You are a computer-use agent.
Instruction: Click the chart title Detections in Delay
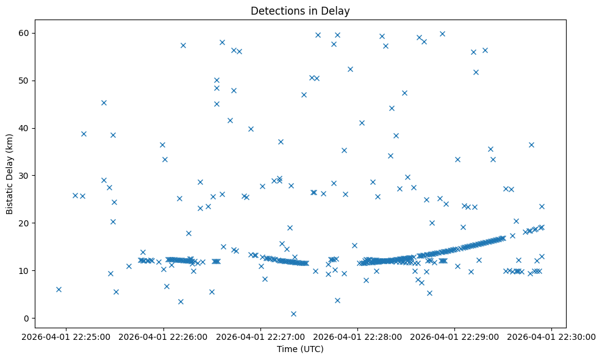(299, 11)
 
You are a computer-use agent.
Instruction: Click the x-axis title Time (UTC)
(299, 350)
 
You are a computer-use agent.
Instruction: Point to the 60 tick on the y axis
(26, 33)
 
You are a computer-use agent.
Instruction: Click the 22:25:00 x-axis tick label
(66, 336)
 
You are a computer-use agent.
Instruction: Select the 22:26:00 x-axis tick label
(163, 336)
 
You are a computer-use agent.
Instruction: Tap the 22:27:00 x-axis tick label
(261, 336)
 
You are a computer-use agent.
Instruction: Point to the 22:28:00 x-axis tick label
(358, 336)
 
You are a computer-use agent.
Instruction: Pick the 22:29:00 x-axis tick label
(455, 336)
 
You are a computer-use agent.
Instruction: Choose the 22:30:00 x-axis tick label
(552, 336)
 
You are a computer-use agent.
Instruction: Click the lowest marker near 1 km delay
(293, 314)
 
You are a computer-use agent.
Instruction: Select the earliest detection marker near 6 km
(59, 289)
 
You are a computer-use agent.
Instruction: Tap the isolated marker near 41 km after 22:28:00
(362, 123)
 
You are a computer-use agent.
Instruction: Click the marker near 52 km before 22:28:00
(350, 69)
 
